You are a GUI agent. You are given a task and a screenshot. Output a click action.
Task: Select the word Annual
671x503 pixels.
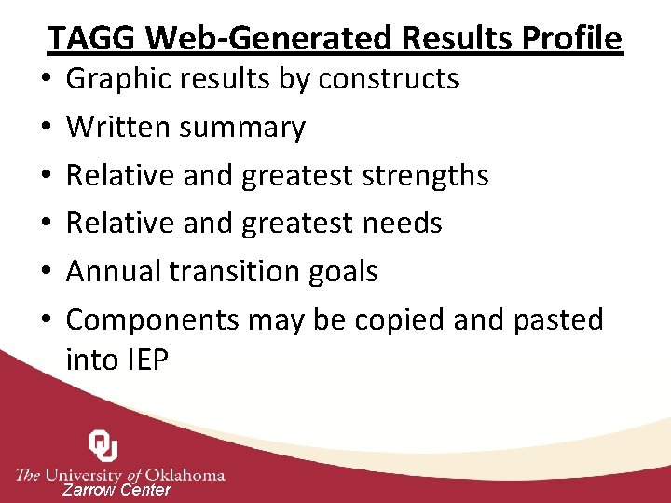(113, 272)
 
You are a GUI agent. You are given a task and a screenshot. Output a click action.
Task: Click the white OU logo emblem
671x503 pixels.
(103, 446)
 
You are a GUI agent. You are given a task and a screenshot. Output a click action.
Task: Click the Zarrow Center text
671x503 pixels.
(116, 490)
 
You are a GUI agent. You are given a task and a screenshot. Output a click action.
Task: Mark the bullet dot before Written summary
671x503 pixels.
(45, 128)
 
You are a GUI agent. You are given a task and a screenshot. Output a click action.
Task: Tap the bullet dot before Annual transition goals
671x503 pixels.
(45, 272)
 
